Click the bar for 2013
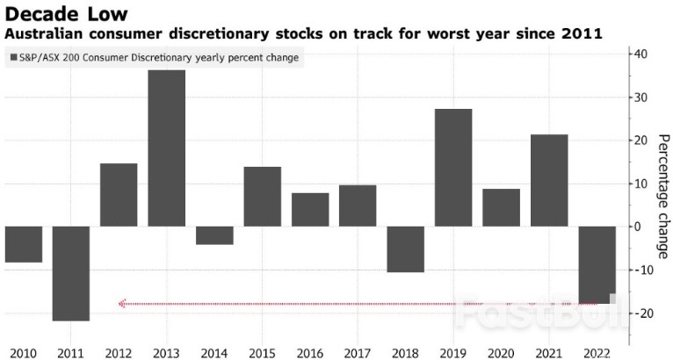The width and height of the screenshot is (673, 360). click(x=166, y=148)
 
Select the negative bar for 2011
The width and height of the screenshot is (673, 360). click(x=70, y=273)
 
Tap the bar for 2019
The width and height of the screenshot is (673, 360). click(x=453, y=168)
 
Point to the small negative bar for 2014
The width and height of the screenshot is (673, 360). click(x=214, y=235)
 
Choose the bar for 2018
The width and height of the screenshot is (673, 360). click(x=405, y=249)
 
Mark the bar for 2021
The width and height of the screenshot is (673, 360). click(x=549, y=180)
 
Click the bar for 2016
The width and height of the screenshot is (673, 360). click(x=309, y=210)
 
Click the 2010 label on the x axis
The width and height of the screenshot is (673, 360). click(x=22, y=353)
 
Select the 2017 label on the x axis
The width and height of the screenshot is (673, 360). click(x=358, y=353)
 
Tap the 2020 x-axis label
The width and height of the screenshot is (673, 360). click(x=501, y=353)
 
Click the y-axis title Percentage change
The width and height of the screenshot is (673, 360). click(x=663, y=197)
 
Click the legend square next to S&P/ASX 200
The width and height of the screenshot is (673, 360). click(x=13, y=58)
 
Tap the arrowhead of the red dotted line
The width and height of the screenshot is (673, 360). click(x=122, y=304)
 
